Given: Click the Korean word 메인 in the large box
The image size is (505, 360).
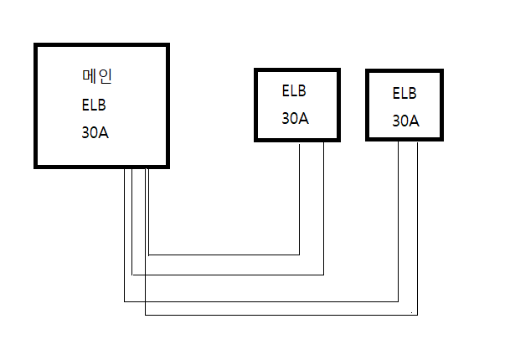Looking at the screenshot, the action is [97, 77].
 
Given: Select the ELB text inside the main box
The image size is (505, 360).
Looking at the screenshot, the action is [94, 105].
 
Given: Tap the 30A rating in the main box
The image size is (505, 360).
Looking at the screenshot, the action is [95, 132].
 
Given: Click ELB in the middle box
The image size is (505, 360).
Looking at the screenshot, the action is [294, 90].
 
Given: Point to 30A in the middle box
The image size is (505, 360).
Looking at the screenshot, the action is [295, 119].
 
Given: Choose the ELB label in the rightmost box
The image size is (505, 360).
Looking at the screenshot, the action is [405, 94].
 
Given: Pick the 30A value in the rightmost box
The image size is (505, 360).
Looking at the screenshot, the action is [405, 121].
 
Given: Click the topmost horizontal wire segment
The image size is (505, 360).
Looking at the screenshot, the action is [224, 255].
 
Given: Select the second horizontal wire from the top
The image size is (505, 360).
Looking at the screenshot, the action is [228, 275].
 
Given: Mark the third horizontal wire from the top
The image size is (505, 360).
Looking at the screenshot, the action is [261, 301].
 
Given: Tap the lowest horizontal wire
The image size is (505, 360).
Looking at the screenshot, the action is [281, 315].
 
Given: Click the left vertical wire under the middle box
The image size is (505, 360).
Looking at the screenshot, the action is [300, 199].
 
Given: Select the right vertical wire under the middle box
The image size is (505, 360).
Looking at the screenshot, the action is [323, 208].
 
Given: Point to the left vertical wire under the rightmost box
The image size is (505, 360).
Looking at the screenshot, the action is [399, 221].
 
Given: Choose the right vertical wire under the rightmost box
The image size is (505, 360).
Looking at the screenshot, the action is [418, 229].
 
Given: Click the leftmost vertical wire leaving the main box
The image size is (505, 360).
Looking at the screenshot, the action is [124, 235].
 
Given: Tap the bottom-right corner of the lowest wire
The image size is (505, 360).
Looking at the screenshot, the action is [418, 315].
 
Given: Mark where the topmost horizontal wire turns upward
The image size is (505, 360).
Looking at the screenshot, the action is [300, 255].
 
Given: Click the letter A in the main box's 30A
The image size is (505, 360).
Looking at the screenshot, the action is [104, 132].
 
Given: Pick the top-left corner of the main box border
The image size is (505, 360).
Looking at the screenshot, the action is [33, 44].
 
